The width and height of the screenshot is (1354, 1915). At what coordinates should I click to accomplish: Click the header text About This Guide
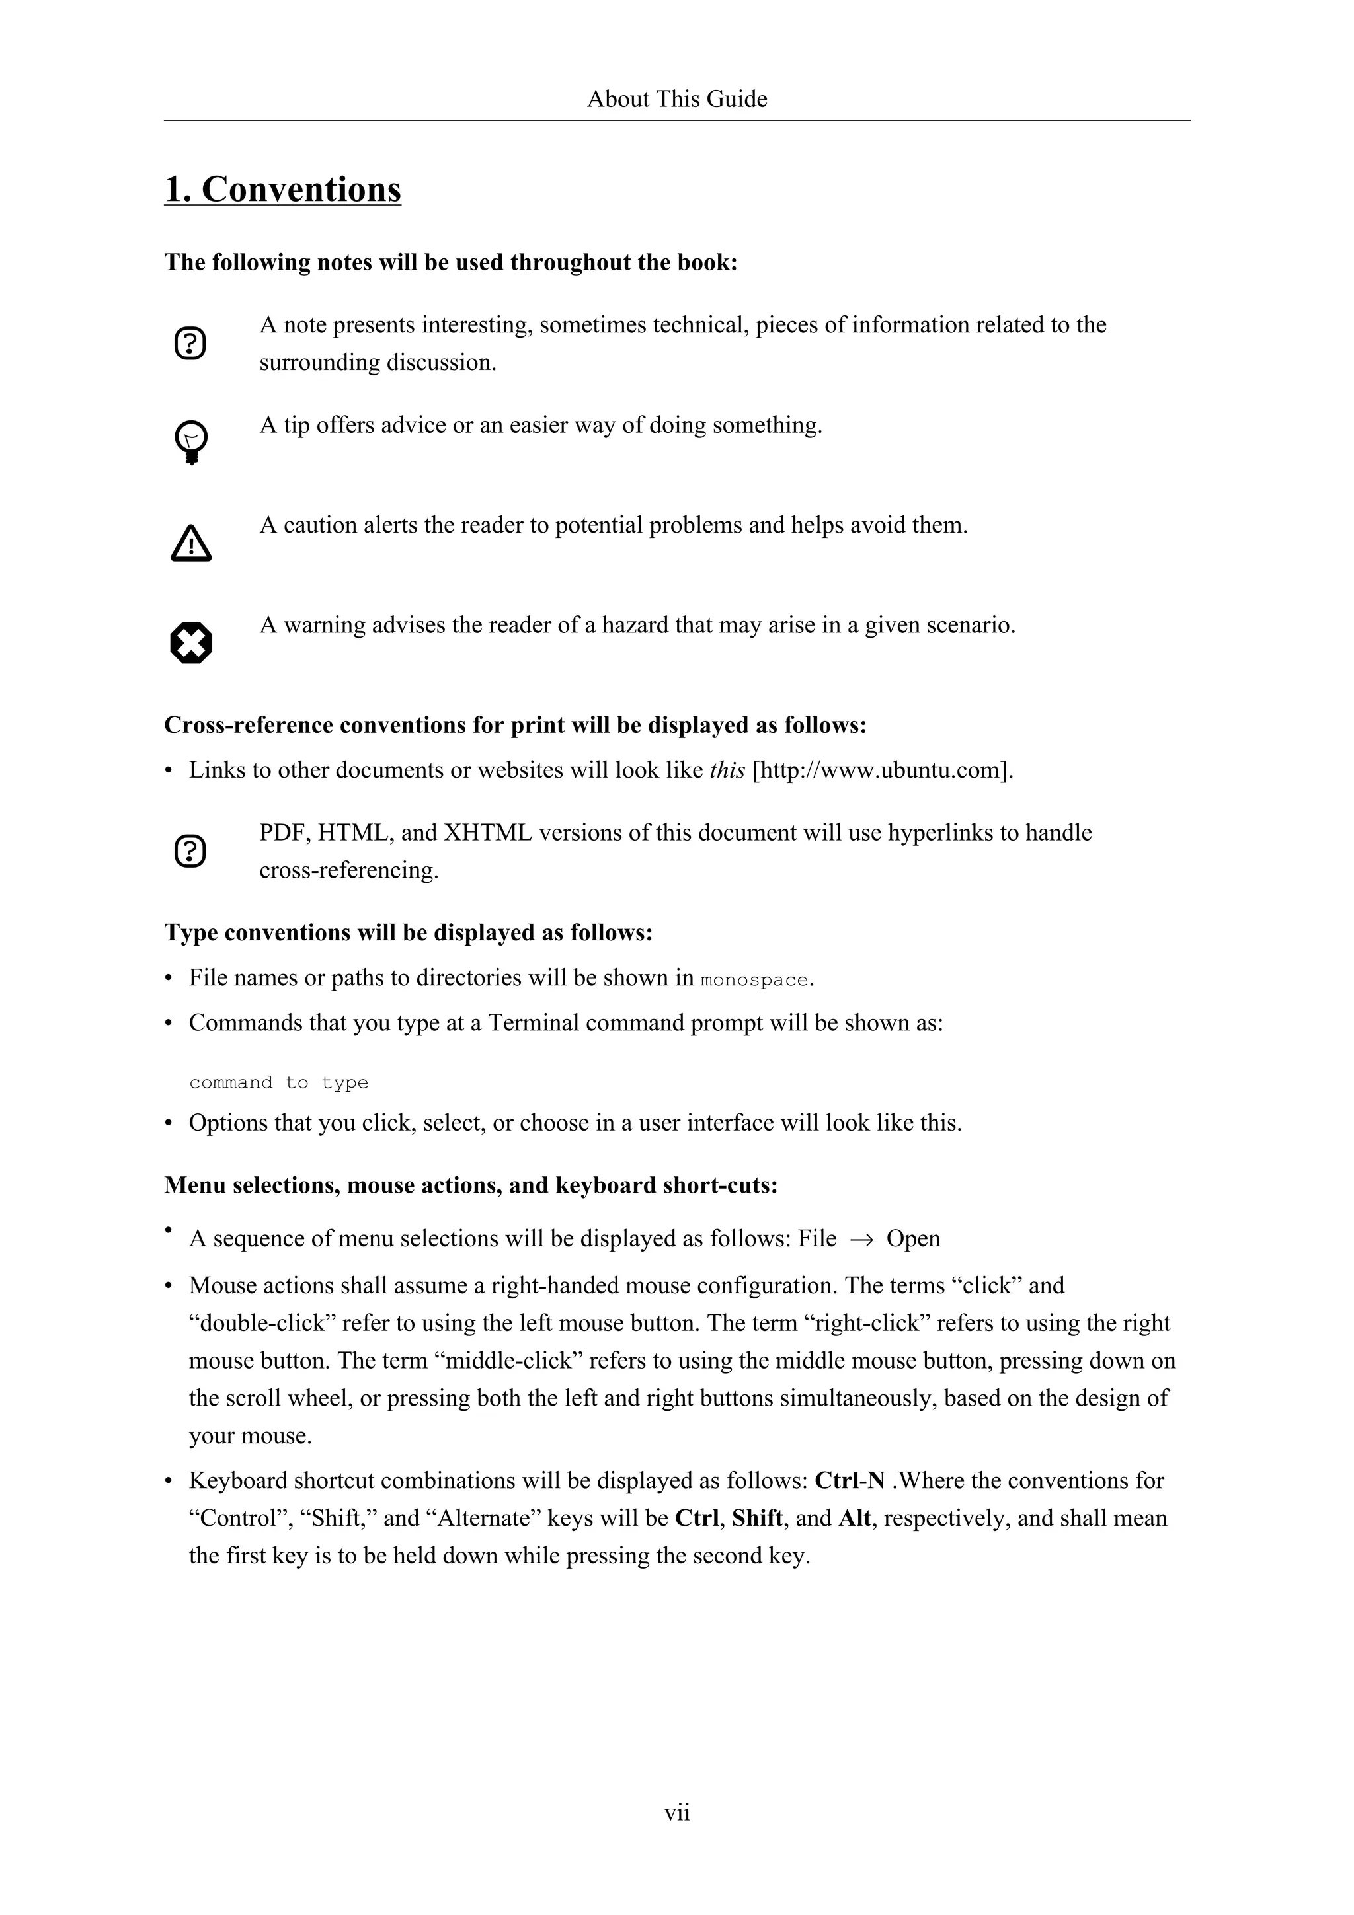pos(676,99)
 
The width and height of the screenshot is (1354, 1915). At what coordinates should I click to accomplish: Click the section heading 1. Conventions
pos(282,190)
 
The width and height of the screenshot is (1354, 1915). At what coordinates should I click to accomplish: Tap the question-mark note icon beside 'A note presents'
pos(190,344)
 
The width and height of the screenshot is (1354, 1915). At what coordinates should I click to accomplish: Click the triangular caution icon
pos(191,544)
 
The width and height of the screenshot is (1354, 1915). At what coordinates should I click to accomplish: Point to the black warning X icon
pos(191,643)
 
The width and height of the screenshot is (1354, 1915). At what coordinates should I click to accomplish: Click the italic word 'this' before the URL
pos(727,770)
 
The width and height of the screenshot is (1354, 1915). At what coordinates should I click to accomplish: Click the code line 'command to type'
pos(278,1082)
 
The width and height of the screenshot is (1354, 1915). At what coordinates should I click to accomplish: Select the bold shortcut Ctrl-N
pos(850,1480)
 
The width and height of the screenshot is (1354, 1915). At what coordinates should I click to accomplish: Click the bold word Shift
pos(757,1518)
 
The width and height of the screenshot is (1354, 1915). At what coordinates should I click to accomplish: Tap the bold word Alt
pos(854,1518)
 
